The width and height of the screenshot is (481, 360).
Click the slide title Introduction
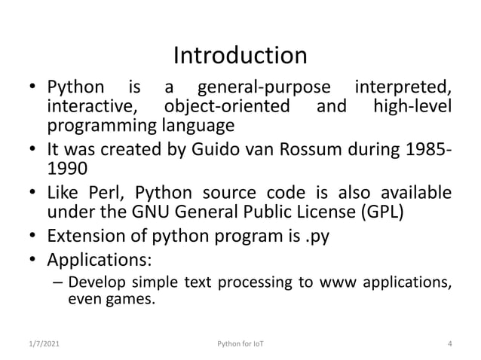240,55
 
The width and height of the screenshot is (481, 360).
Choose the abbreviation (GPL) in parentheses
383,212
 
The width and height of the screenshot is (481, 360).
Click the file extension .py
315,237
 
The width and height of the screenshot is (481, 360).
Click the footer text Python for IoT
240,344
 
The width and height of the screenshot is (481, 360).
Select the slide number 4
449,344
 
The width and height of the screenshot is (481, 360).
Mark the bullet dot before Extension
35,238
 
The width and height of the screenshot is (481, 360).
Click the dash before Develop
58,283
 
